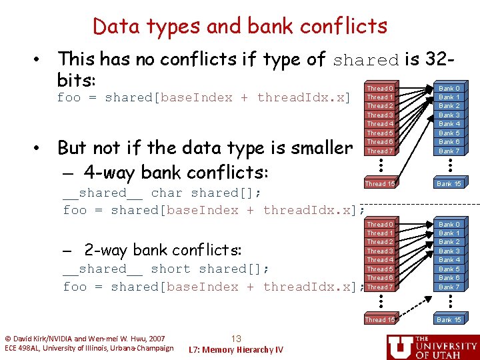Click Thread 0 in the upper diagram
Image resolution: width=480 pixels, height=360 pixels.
click(x=380, y=89)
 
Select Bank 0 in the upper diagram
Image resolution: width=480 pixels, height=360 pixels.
click(x=449, y=89)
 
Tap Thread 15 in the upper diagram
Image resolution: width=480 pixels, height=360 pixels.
click(x=380, y=183)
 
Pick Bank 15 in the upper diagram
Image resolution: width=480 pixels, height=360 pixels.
click(x=449, y=183)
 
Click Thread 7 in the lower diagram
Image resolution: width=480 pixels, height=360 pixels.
click(x=380, y=287)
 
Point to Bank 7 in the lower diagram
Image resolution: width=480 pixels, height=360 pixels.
click(x=449, y=287)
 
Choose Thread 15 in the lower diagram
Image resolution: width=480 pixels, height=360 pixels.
click(x=380, y=320)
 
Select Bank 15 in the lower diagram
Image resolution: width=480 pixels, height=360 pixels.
click(x=449, y=320)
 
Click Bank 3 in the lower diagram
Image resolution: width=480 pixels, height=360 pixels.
click(x=449, y=251)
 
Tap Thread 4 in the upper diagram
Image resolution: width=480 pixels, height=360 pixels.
click(x=380, y=124)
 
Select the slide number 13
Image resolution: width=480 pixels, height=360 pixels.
click(x=236, y=338)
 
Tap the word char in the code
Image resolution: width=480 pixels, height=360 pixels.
click(x=167, y=193)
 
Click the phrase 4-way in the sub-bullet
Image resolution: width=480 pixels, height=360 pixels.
click(x=107, y=172)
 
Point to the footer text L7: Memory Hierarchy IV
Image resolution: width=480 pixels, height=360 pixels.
click(x=236, y=350)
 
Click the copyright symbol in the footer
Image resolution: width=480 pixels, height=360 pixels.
click(x=8, y=339)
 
